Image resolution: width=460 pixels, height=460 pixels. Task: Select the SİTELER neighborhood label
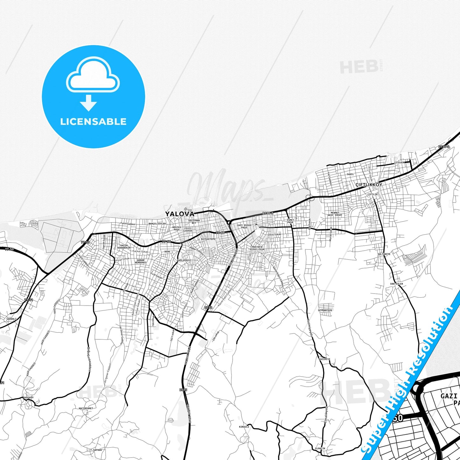(x=399, y=162)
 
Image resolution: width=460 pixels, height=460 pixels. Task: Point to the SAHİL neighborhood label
(x=350, y=174)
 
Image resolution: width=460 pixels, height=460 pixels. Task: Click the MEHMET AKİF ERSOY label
(x=335, y=214)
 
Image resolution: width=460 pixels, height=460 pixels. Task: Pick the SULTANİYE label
(x=384, y=254)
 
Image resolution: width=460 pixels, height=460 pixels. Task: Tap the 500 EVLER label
(x=396, y=284)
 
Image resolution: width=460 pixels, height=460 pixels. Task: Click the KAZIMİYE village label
(x=324, y=359)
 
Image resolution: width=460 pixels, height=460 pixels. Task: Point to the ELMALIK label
(x=320, y=449)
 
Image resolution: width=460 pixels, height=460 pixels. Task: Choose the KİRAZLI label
(x=244, y=427)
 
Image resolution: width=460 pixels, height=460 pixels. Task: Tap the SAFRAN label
(x=97, y=450)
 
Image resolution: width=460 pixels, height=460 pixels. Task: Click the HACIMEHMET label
(x=86, y=408)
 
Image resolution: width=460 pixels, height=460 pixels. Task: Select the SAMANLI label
(x=11, y=319)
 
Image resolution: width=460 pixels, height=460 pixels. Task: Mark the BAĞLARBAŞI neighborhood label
(x=184, y=260)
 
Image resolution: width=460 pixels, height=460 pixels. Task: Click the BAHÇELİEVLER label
(x=157, y=223)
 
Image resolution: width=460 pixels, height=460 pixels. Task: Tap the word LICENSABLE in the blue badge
(x=93, y=121)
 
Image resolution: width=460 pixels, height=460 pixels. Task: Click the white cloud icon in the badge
(x=93, y=76)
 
